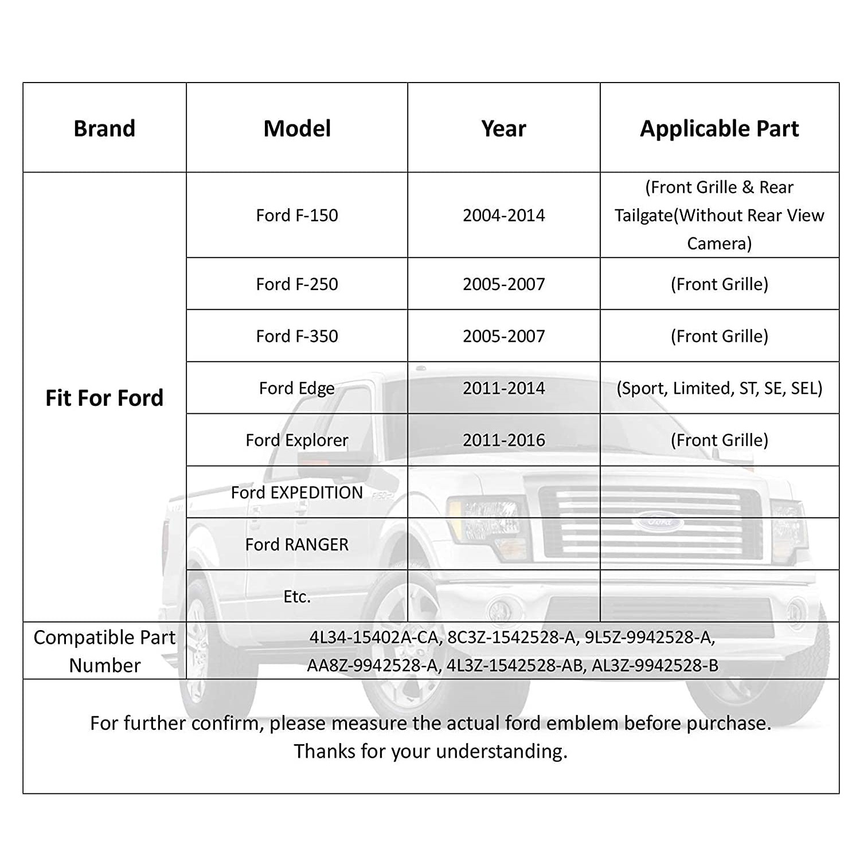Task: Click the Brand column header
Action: click(104, 128)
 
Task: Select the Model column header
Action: click(297, 128)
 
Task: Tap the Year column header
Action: click(503, 128)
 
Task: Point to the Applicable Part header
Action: click(719, 128)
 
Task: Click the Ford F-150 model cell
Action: click(297, 216)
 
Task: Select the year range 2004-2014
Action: click(503, 216)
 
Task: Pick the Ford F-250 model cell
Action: click(297, 284)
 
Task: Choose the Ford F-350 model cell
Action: click(297, 336)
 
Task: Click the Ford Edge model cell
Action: click(297, 388)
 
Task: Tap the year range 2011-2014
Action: click(503, 388)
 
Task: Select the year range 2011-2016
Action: click(503, 440)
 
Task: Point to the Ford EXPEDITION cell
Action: click(297, 492)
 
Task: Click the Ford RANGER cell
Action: click(297, 544)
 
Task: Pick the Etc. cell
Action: click(297, 597)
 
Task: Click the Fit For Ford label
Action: click(104, 398)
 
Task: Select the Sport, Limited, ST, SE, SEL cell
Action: click(719, 388)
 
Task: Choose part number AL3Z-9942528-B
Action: click(655, 666)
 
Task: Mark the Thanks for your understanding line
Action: click(431, 751)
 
